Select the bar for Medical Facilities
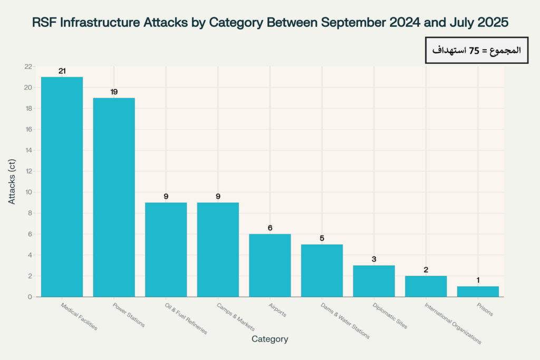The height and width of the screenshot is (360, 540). pyautogui.click(x=62, y=187)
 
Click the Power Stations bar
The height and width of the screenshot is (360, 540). pyautogui.click(x=114, y=197)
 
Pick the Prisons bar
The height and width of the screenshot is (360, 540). pyautogui.click(x=478, y=291)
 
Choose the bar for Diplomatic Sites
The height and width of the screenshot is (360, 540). pyautogui.click(x=373, y=281)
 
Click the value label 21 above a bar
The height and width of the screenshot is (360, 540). pyautogui.click(x=62, y=71)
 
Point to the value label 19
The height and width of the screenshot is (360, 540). pyautogui.click(x=114, y=92)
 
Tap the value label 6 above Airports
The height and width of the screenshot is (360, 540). pyautogui.click(x=269, y=228)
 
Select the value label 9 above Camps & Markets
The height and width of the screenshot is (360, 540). pyautogui.click(x=218, y=197)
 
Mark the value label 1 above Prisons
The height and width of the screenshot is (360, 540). pyautogui.click(x=478, y=280)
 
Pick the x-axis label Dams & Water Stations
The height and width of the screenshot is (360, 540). pyautogui.click(x=345, y=320)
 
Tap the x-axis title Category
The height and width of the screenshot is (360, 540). pyautogui.click(x=269, y=339)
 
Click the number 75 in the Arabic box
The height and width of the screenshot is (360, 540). pyautogui.click(x=474, y=51)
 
